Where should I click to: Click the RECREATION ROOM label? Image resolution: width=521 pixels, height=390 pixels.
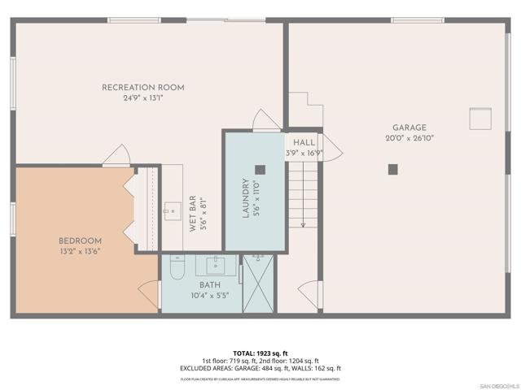(x=143, y=88)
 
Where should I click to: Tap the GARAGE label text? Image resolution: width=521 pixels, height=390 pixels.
(x=409, y=128)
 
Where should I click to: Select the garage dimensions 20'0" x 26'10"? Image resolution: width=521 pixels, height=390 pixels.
(x=409, y=138)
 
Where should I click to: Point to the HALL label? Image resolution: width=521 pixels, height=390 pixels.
(x=304, y=142)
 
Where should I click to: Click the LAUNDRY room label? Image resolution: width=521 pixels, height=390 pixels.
(x=245, y=199)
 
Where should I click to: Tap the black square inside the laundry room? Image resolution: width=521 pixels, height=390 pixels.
(x=260, y=170)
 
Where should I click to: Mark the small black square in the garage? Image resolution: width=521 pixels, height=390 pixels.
(x=392, y=169)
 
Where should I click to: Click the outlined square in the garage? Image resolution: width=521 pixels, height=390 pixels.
(x=480, y=119)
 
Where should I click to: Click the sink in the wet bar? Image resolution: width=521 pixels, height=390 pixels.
(x=172, y=210)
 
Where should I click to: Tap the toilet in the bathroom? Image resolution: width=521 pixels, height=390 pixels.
(x=177, y=268)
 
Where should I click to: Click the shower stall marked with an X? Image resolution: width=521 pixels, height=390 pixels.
(x=260, y=284)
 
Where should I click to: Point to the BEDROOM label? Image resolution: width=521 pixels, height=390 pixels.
(x=80, y=240)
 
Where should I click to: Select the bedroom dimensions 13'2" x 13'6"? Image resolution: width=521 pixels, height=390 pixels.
(x=80, y=251)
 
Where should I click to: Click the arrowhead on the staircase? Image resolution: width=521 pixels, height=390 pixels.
(x=303, y=224)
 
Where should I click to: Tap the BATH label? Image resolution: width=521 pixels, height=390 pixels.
(x=209, y=285)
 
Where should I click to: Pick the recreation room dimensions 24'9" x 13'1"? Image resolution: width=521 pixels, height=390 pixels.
(x=143, y=98)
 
